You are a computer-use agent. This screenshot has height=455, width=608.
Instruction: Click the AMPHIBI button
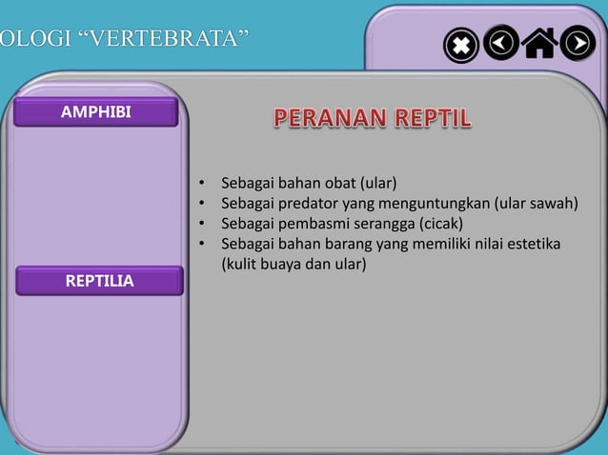[x=95, y=112]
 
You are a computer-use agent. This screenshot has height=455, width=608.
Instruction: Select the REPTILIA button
[x=99, y=281]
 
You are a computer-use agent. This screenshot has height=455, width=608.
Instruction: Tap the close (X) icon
[x=460, y=45]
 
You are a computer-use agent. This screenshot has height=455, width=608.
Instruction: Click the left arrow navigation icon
[x=501, y=43]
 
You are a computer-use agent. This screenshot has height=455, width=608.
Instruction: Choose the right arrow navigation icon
[x=578, y=43]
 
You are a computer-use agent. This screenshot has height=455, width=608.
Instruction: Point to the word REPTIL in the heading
[x=426, y=119]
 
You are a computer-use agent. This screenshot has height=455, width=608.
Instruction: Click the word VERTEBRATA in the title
[x=158, y=39]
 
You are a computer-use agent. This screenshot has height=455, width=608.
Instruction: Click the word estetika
[x=534, y=246]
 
